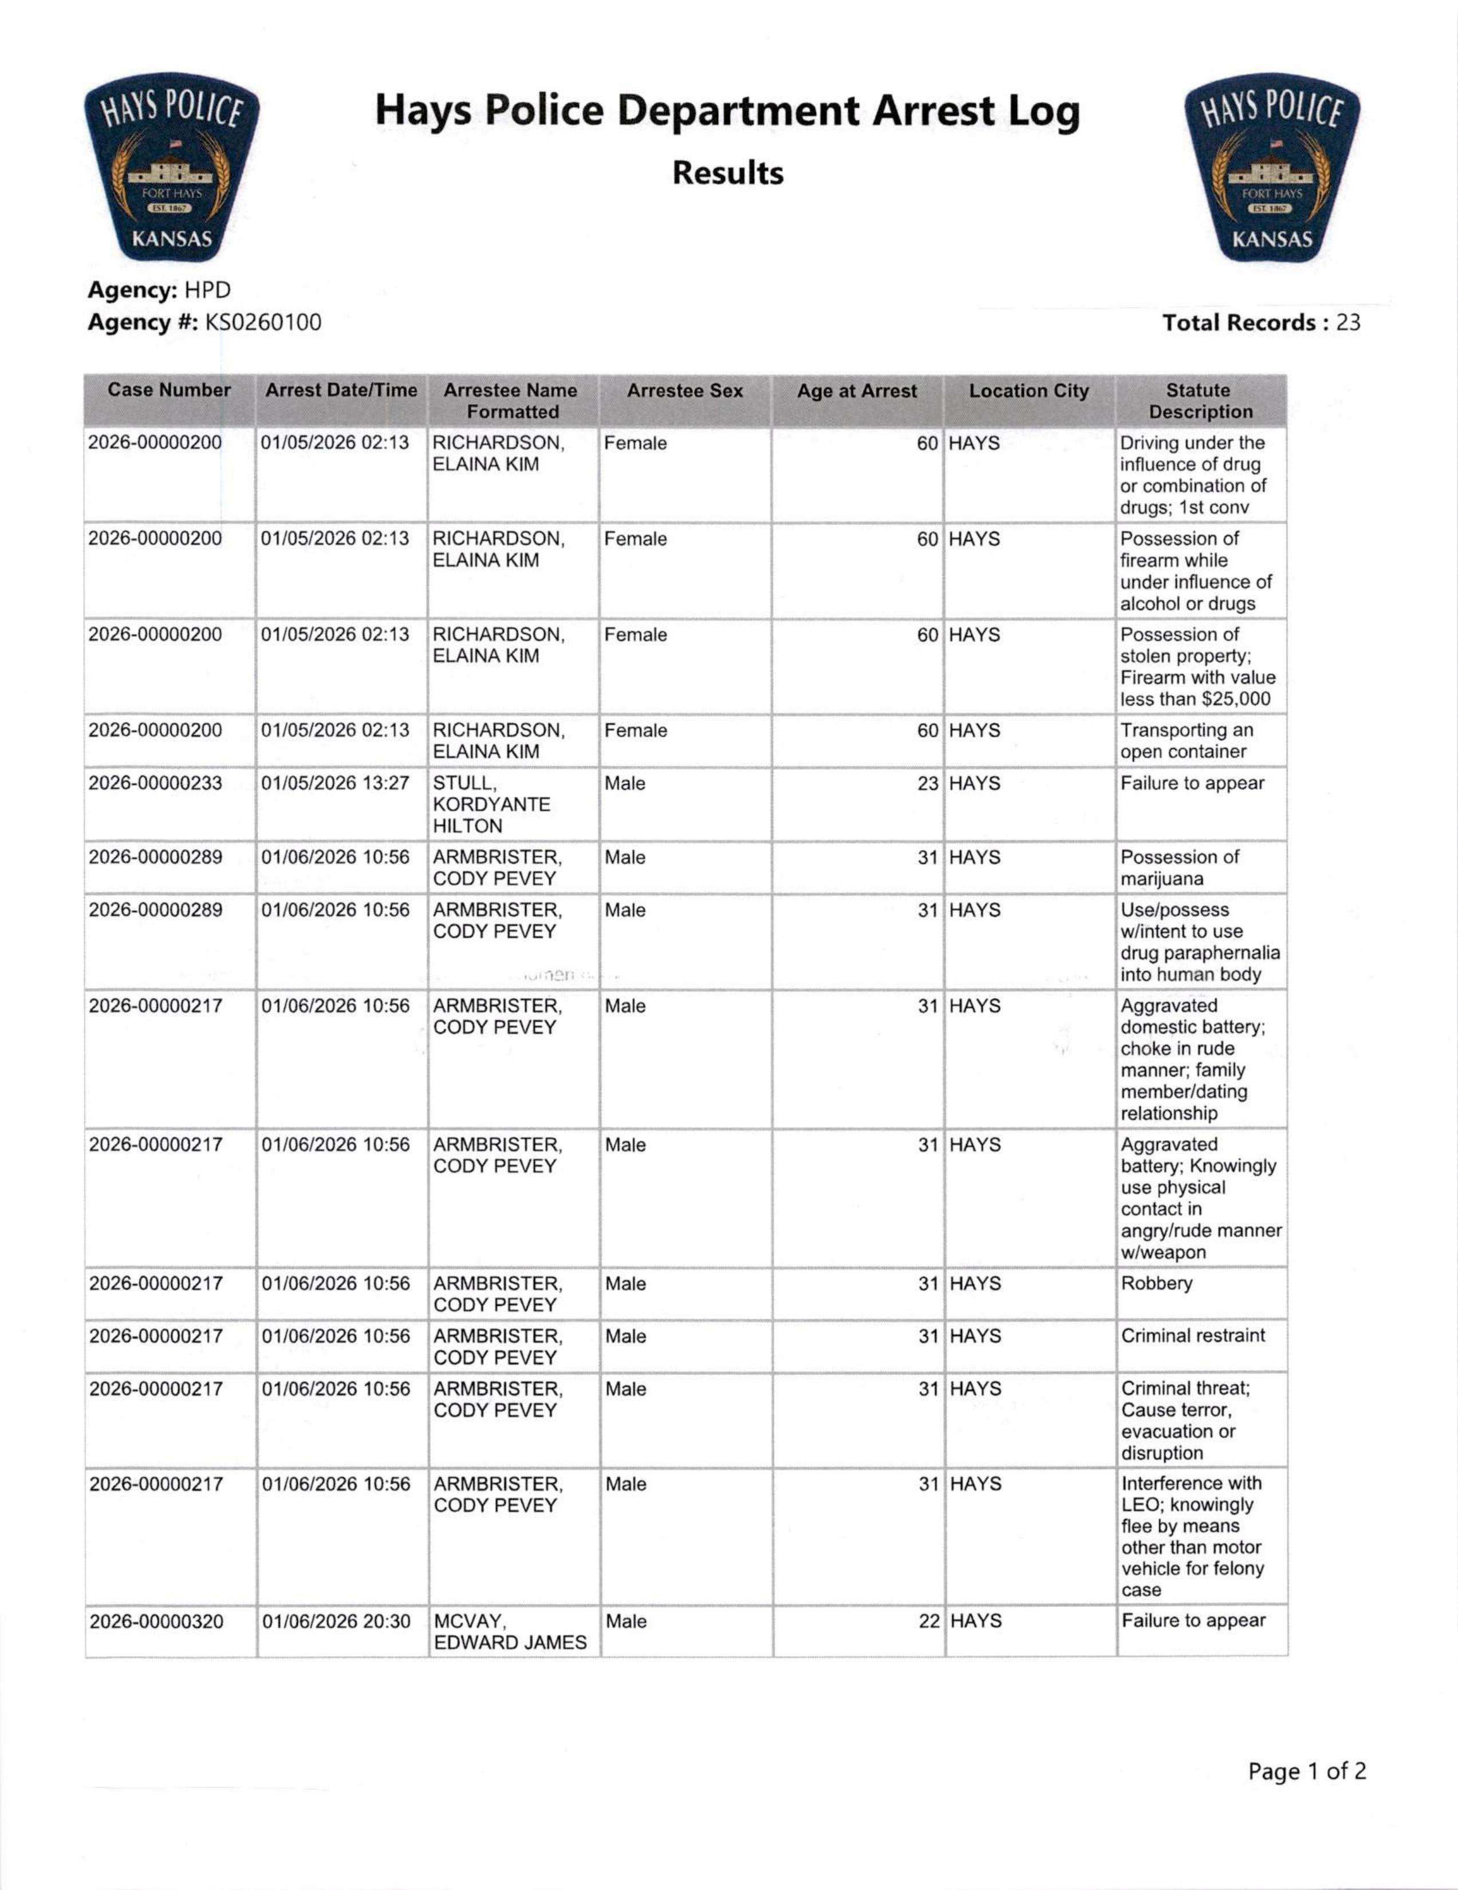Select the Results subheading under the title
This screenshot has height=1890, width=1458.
(x=728, y=173)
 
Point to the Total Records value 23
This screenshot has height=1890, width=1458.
(x=1348, y=323)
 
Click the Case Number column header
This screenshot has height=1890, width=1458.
(x=169, y=390)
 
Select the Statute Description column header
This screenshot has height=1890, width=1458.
(x=1200, y=401)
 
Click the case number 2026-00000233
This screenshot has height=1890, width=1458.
(x=156, y=783)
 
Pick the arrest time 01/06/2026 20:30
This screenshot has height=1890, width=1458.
(x=336, y=1621)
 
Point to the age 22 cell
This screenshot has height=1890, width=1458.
(x=928, y=1621)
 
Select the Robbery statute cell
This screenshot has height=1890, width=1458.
(x=1157, y=1283)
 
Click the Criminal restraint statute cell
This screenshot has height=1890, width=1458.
(x=1193, y=1335)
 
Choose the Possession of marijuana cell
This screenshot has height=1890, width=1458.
(x=1180, y=868)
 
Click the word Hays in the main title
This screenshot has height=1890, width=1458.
(x=423, y=113)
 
